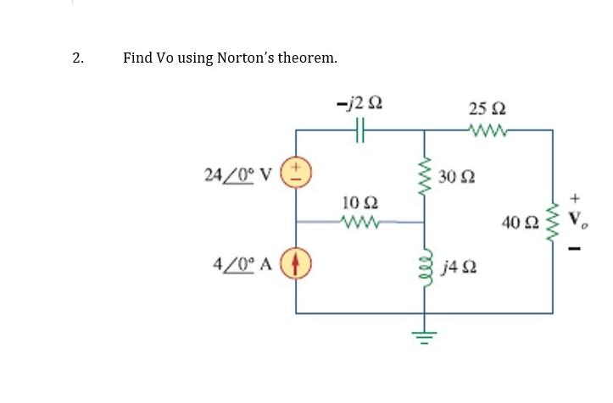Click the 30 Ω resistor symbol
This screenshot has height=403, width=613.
pos(425,179)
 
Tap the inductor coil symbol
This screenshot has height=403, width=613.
pos(425,269)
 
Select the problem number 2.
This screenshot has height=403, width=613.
pos(77,58)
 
